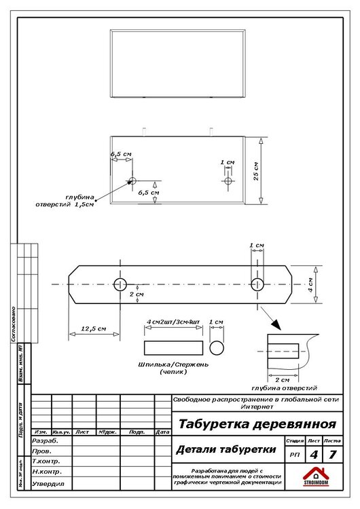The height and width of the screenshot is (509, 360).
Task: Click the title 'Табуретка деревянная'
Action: click(x=257, y=425)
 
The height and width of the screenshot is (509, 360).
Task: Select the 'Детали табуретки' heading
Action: click(x=226, y=450)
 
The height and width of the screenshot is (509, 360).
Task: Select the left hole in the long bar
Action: click(x=120, y=284)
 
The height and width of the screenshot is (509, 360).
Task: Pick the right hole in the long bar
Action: click(x=257, y=284)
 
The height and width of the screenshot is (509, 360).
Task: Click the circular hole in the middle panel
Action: click(x=132, y=181)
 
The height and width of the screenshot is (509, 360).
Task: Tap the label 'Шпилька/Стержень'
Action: click(x=174, y=365)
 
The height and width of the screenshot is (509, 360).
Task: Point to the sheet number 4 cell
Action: click(x=312, y=454)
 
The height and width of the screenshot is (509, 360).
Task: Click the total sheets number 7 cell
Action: click(x=331, y=454)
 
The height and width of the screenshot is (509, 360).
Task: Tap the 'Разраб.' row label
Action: click(x=46, y=440)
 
